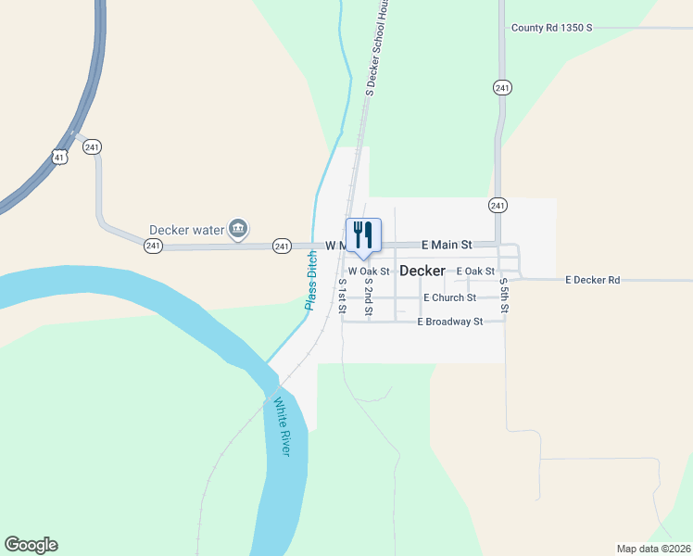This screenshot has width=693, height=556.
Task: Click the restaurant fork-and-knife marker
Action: (363, 235)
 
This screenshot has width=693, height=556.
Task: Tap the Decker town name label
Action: (422, 272)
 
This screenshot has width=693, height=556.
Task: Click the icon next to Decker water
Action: (238, 228)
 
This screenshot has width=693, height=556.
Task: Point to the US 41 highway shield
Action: (60, 158)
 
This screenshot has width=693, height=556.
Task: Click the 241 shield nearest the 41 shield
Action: (92, 147)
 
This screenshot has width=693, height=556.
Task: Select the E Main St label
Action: (447, 245)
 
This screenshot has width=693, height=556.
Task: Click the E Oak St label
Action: (475, 271)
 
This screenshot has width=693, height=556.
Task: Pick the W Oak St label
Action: (369, 271)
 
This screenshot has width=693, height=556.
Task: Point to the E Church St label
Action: (449, 297)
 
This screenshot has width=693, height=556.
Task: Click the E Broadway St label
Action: (450, 322)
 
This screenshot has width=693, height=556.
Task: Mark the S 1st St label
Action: (342, 295)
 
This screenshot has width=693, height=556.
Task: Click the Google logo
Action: (31, 544)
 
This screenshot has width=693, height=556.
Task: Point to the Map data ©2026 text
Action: (653, 548)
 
